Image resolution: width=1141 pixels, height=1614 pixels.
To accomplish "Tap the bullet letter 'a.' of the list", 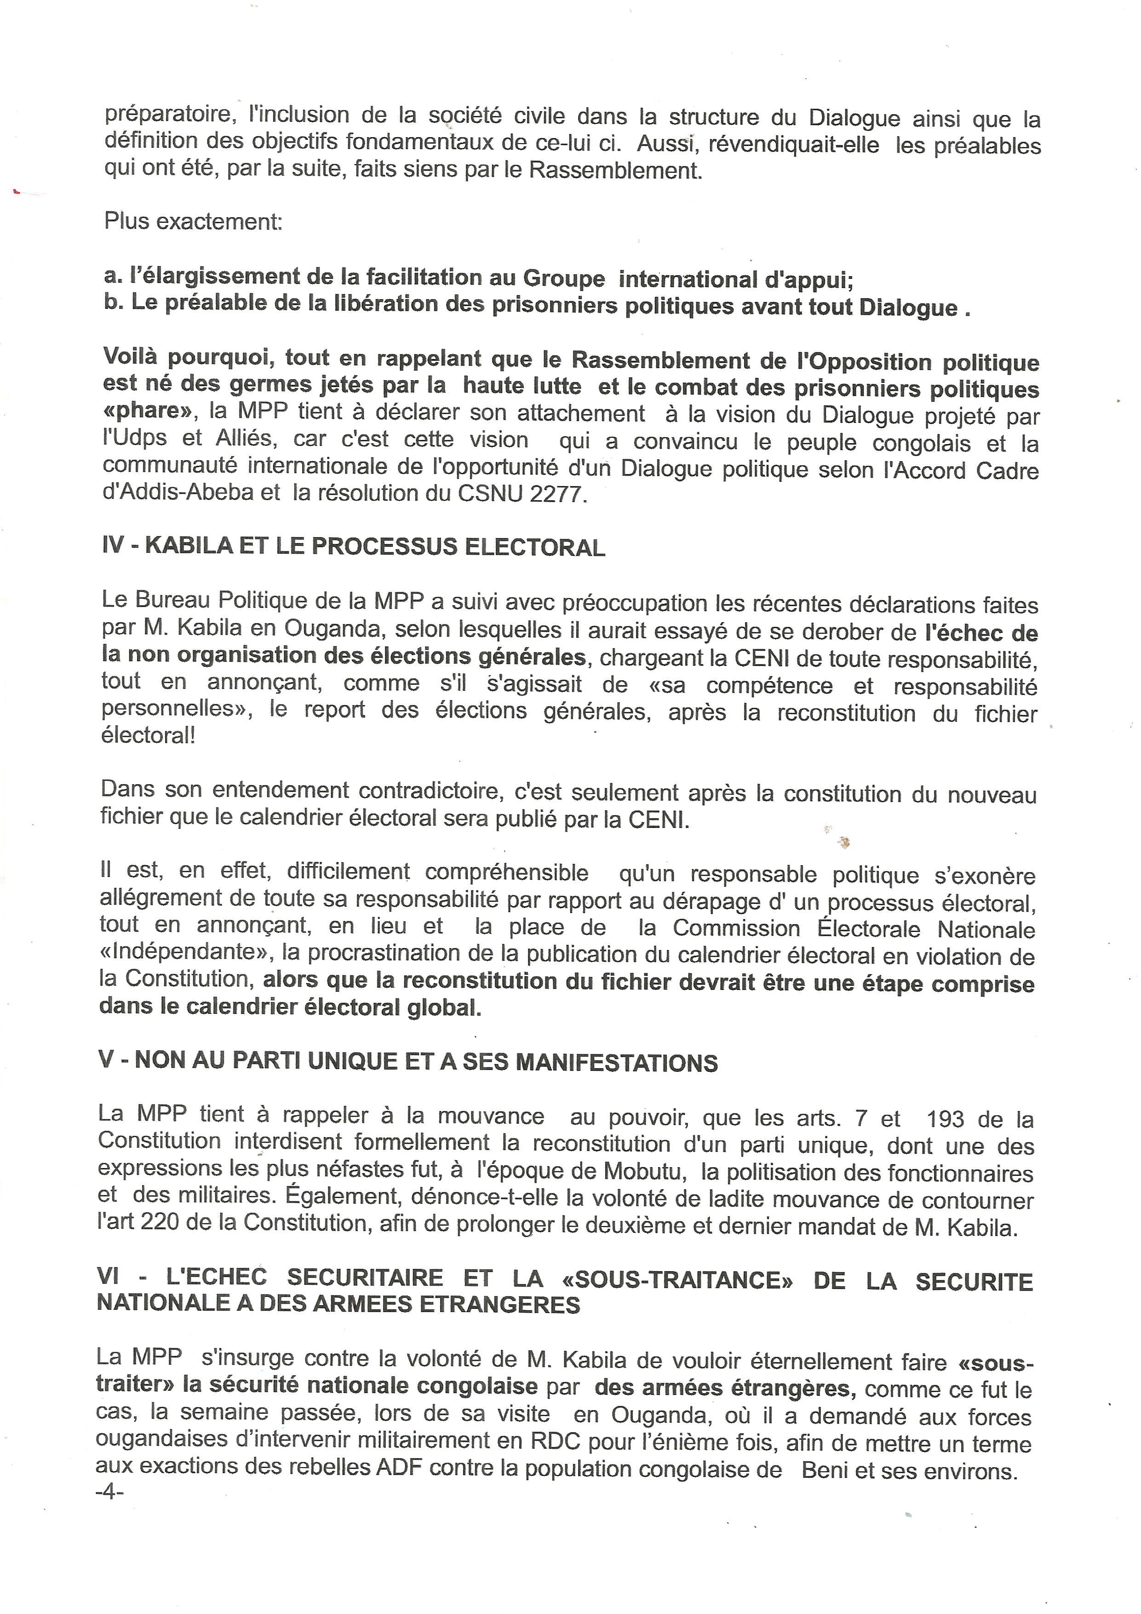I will pos(112,276).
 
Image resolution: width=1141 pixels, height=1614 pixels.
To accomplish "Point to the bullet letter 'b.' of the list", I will pos(112,304).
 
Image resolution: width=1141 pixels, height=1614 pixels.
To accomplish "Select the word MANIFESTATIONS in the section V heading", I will pos(617,1063).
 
